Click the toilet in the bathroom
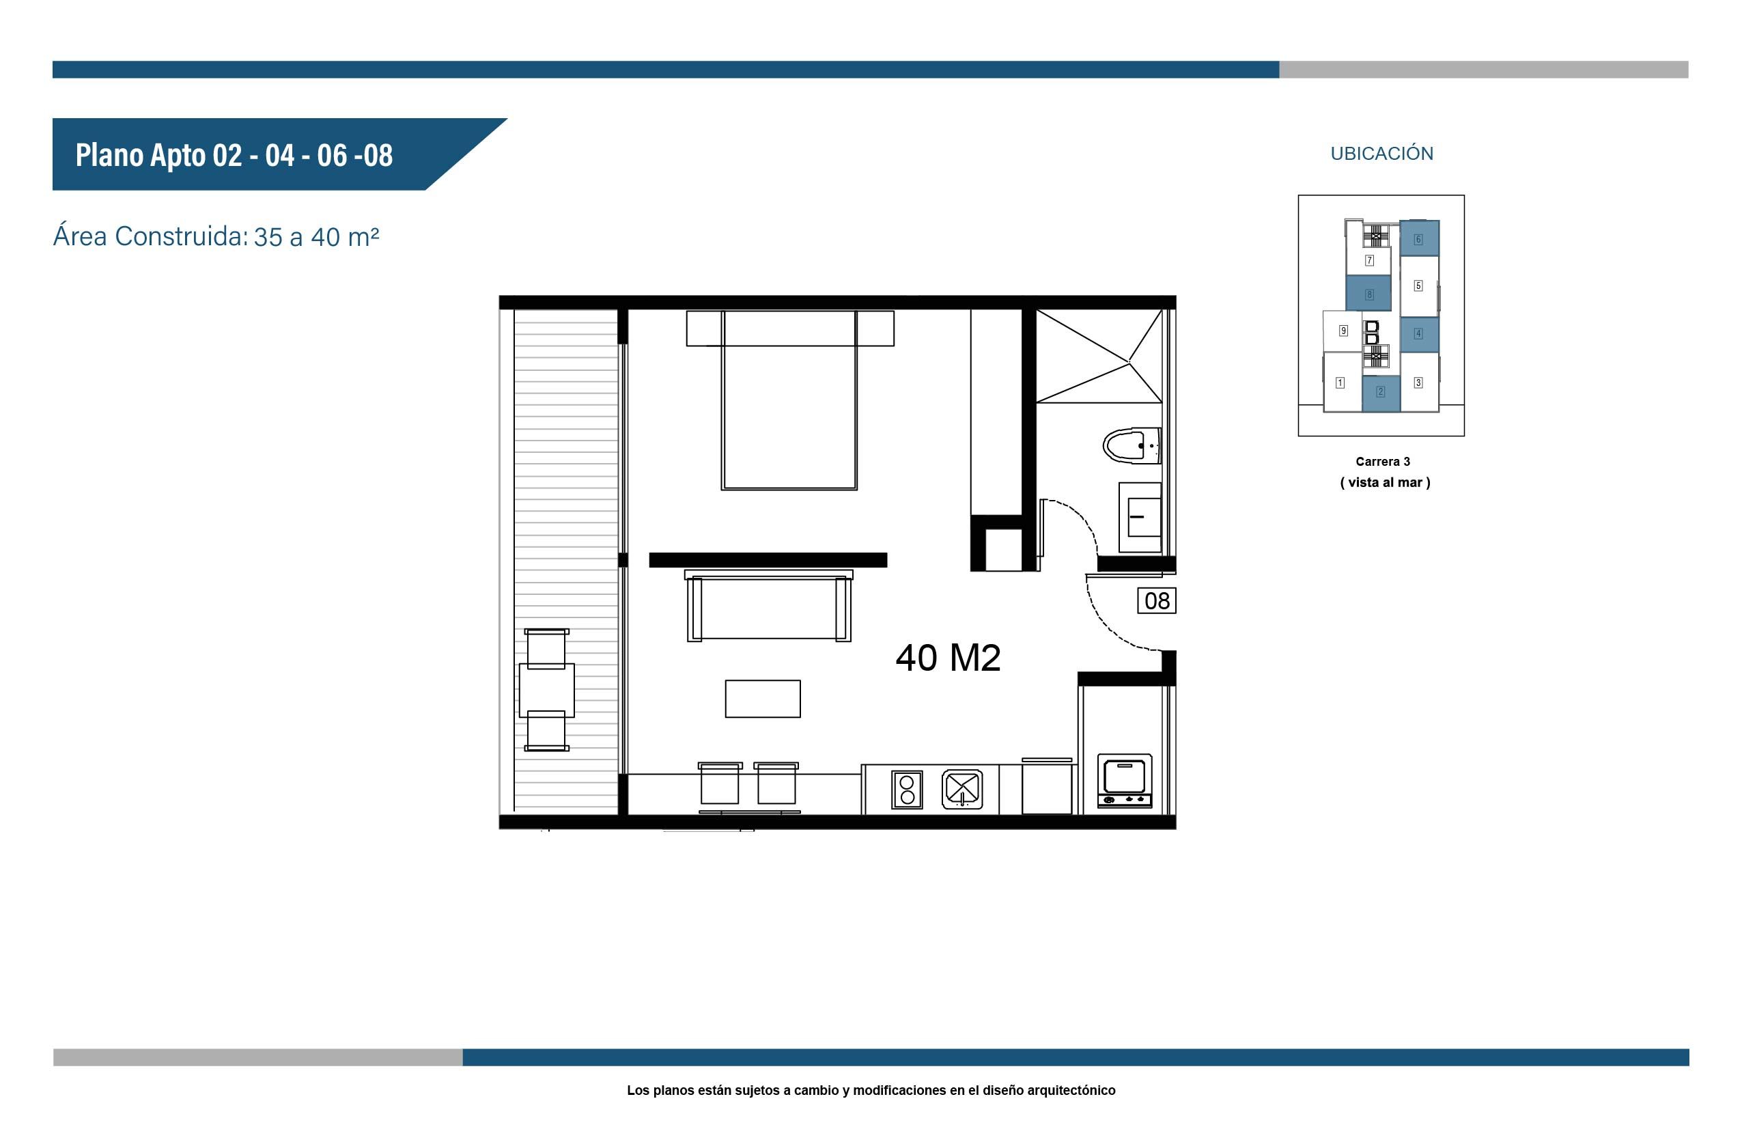pyautogui.click(x=1130, y=445)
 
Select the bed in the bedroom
pyautogui.click(x=789, y=400)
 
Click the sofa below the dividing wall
pyautogui.click(x=769, y=606)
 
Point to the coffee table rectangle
pyautogui.click(x=762, y=699)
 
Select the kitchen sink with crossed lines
pyautogui.click(x=961, y=789)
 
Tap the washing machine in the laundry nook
pyautogui.click(x=1125, y=781)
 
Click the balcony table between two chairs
pyautogui.click(x=546, y=690)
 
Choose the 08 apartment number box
pyautogui.click(x=1157, y=601)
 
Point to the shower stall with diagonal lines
pyautogui.click(x=1099, y=356)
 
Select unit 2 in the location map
pyautogui.click(x=1381, y=393)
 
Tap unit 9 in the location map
pyautogui.click(x=1343, y=331)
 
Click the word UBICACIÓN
pyautogui.click(x=1381, y=154)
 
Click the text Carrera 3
pyautogui.click(x=1382, y=462)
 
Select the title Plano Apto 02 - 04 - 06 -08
pyautogui.click(x=234, y=155)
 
